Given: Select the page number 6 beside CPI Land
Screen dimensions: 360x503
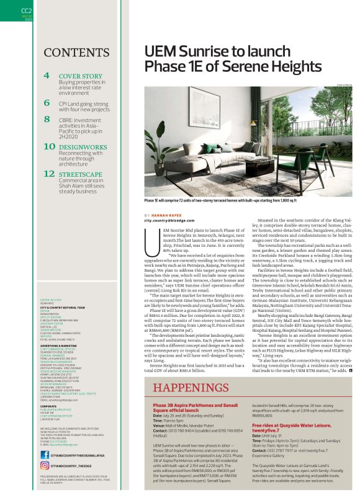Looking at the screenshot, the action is click(47, 102).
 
